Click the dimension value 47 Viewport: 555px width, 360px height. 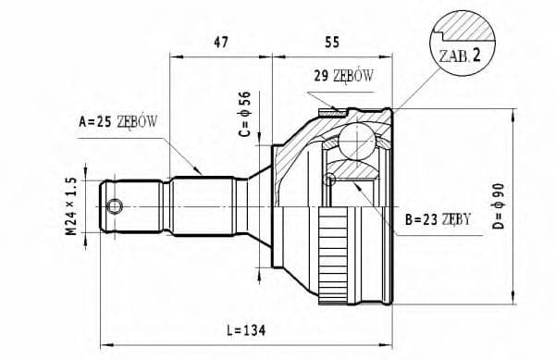(219, 42)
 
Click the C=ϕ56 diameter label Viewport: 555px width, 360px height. (245, 115)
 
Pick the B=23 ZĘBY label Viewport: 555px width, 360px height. (438, 219)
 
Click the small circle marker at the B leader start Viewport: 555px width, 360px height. (329, 178)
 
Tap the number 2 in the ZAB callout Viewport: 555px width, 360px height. (475, 54)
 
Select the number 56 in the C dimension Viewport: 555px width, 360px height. (245, 100)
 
